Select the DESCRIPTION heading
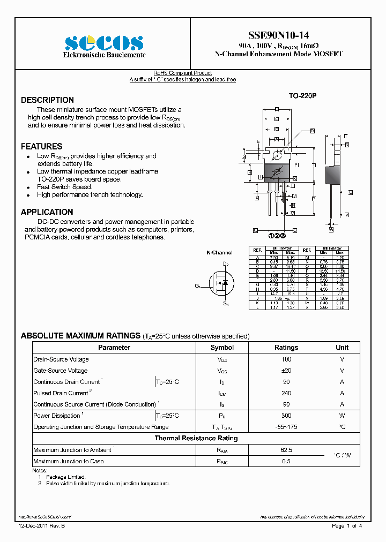click(47, 100)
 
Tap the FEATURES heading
click(41, 146)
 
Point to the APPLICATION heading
click(47, 212)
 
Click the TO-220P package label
click(303, 96)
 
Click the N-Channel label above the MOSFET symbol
click(220, 252)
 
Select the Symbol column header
click(222, 348)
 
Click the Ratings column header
click(286, 348)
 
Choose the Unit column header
click(342, 348)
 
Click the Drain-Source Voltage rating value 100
click(286, 359)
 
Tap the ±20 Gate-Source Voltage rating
click(286, 371)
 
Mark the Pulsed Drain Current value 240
click(286, 393)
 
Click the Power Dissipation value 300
click(286, 416)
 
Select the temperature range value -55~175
click(286, 427)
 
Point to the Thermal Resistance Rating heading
click(196, 438)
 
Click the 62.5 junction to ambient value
click(286, 450)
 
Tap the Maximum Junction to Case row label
click(69, 461)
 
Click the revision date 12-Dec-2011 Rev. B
click(42, 526)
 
